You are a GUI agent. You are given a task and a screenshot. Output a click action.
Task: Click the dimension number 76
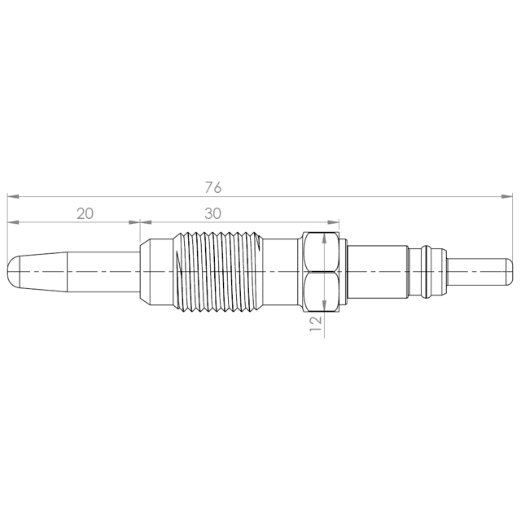pos(213,187)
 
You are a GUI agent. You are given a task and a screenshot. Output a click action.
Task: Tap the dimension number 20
pos(85,213)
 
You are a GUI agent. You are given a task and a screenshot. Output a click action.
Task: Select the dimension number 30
pos(212,213)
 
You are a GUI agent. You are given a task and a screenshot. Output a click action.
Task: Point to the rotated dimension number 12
pos(316,323)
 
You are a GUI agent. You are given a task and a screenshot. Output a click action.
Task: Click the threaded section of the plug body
pos(217,272)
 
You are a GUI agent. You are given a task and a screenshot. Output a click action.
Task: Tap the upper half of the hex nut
pos(322,252)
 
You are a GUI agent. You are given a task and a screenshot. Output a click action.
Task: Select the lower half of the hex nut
pos(322,291)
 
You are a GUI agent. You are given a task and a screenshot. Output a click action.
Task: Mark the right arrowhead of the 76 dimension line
pos(507,197)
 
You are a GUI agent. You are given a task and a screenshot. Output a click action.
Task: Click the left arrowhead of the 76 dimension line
pos(13,197)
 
